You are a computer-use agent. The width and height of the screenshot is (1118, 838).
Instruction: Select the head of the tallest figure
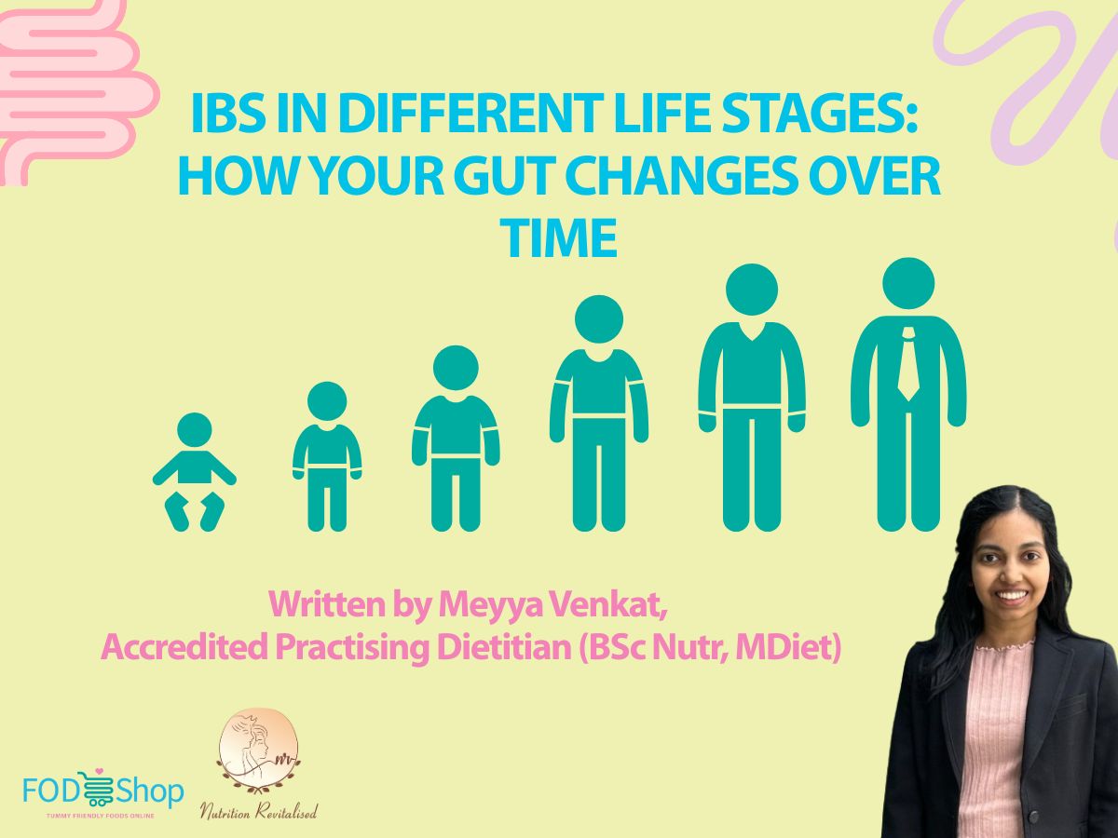tap(908, 284)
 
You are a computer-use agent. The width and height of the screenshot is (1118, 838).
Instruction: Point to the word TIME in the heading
tap(560, 237)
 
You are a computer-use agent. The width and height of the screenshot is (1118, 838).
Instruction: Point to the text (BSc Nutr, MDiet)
tap(710, 647)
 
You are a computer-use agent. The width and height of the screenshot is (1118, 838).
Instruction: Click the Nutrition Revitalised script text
tap(258, 812)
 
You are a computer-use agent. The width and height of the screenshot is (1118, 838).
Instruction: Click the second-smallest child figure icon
tap(327, 456)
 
